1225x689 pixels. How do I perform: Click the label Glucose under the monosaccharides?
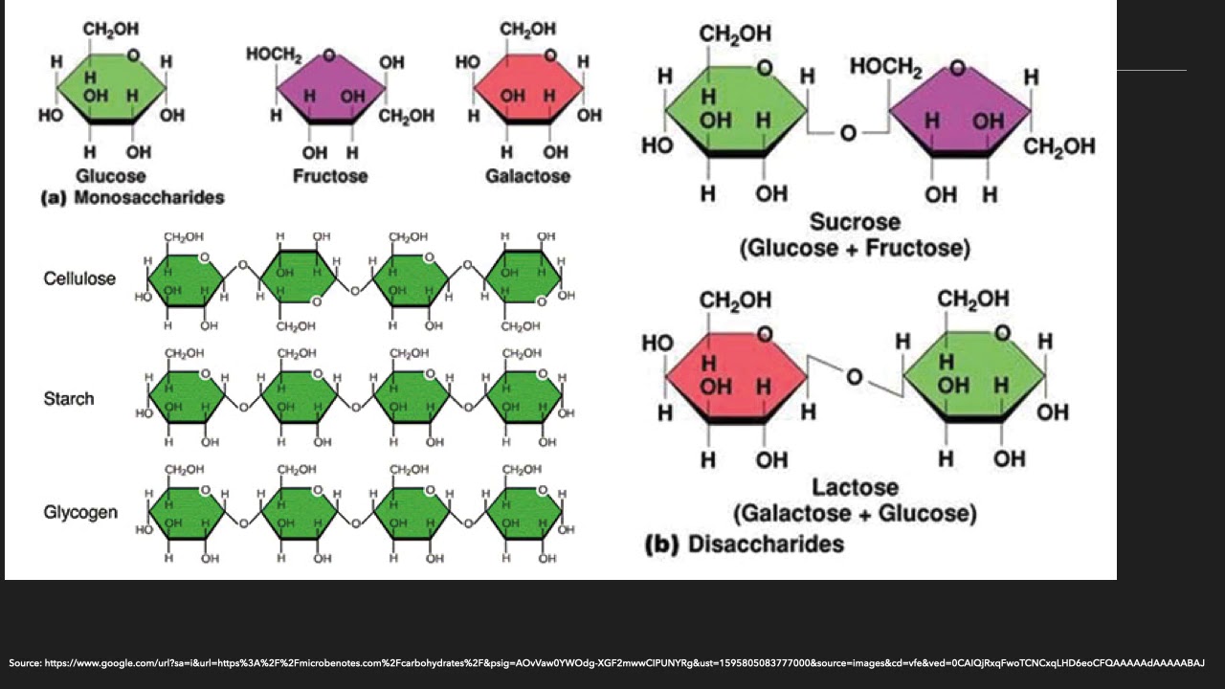[x=111, y=176]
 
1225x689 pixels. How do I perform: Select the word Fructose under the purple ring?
[x=330, y=176]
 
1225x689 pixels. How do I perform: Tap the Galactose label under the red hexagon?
[x=527, y=176]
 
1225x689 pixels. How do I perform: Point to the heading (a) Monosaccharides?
[x=132, y=198]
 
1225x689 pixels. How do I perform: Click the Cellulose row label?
[x=79, y=278]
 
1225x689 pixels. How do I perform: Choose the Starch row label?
[x=69, y=398]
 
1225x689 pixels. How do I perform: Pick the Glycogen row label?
[x=80, y=512]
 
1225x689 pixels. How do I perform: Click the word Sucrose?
[x=855, y=222]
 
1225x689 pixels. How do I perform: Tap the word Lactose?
[x=855, y=488]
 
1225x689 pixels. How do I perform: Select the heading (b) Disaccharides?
[x=745, y=544]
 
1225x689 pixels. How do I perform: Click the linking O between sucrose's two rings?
[x=848, y=133]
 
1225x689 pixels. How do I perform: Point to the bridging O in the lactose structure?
[x=855, y=378]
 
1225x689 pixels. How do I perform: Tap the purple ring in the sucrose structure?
[x=959, y=110]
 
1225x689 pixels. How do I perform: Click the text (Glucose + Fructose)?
[x=855, y=249]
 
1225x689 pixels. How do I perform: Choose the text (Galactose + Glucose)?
[x=855, y=514]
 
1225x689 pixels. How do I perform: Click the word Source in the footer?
[x=25, y=662]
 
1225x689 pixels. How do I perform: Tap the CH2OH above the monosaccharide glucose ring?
[x=111, y=31]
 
